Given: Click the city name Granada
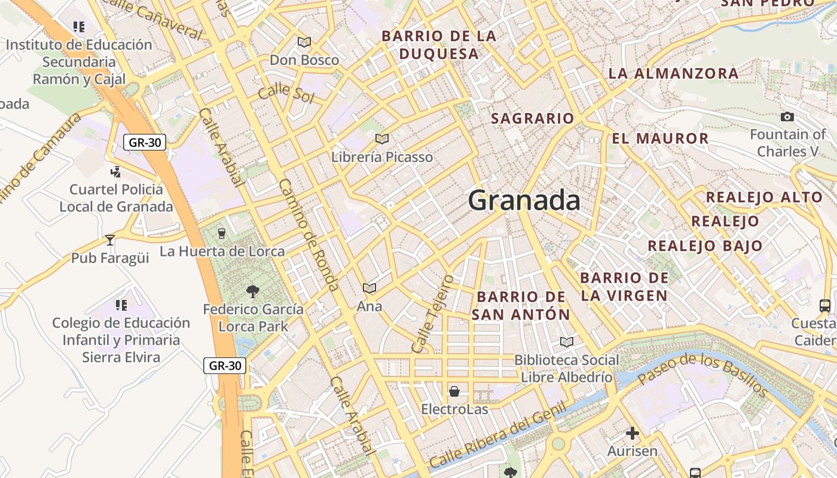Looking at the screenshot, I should pyautogui.click(x=524, y=200).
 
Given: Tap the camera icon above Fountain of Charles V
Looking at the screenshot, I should pyautogui.click(x=787, y=117).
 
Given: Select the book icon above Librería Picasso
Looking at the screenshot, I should pyautogui.click(x=382, y=139).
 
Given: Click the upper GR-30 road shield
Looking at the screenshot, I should pyautogui.click(x=145, y=142).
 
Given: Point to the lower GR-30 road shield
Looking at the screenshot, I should pyautogui.click(x=225, y=366).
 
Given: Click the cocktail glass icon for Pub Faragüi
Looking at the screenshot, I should pyautogui.click(x=110, y=240).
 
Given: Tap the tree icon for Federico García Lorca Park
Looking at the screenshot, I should pyautogui.click(x=253, y=292).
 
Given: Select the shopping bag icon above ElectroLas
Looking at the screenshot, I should pyautogui.click(x=454, y=391).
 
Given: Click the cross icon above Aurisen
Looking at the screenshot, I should pyautogui.click(x=633, y=433).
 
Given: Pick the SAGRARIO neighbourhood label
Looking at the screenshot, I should pyautogui.click(x=532, y=118).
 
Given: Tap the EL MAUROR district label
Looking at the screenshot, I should pyautogui.click(x=660, y=139).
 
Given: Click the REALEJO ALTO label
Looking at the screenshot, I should pyautogui.click(x=764, y=197).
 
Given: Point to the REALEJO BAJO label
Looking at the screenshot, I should pyautogui.click(x=705, y=246).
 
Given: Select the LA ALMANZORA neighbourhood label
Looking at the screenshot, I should pyautogui.click(x=673, y=73).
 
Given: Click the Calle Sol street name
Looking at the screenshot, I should pyautogui.click(x=286, y=93).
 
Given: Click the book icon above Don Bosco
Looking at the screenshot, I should pyautogui.click(x=304, y=42).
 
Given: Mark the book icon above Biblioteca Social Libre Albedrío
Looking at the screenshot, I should pyautogui.click(x=566, y=342).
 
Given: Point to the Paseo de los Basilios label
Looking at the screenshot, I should pyautogui.click(x=702, y=373).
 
